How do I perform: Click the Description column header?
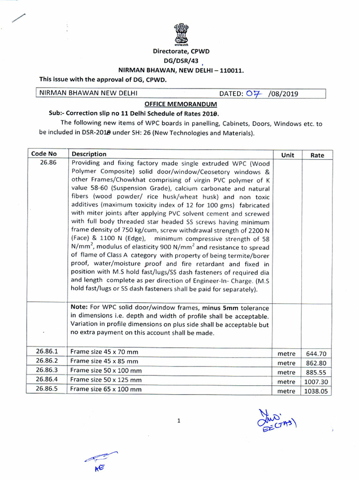[x=89, y=154]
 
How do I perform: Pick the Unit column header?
[x=287, y=155]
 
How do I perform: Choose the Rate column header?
[x=317, y=155]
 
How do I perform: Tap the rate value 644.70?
[x=316, y=354]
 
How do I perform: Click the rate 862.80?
[x=316, y=363]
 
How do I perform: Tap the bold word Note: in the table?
[x=80, y=307]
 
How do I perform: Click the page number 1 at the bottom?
[x=179, y=421]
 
